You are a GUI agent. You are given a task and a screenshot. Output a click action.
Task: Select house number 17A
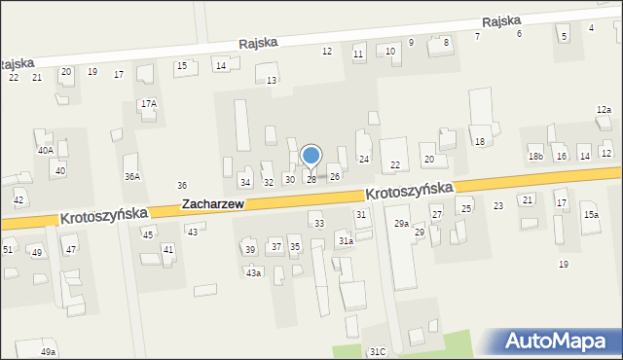(x=148, y=103)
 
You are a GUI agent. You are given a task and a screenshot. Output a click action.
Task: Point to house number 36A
(x=131, y=176)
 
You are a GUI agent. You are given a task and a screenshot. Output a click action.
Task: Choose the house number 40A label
(x=45, y=151)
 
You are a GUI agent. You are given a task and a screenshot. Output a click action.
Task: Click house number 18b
(x=535, y=157)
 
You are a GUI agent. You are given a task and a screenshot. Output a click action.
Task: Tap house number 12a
(x=604, y=110)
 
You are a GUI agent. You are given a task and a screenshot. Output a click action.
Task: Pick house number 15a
(x=591, y=214)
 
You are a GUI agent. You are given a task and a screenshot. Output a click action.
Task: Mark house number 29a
(x=401, y=224)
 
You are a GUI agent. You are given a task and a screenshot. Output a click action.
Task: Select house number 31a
(x=345, y=240)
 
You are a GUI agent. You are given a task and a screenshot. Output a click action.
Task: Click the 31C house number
(x=378, y=351)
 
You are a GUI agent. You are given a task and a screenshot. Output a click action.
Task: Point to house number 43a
(x=253, y=272)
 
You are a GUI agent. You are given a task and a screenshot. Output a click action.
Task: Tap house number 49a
(x=49, y=351)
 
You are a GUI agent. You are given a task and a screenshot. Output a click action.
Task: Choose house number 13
(x=272, y=80)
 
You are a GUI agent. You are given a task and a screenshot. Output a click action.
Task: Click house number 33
(x=318, y=224)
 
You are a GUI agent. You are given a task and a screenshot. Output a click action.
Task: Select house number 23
(x=498, y=205)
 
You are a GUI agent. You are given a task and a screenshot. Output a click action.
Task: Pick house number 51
(x=7, y=250)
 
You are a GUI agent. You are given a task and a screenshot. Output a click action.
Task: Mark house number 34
(x=245, y=182)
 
